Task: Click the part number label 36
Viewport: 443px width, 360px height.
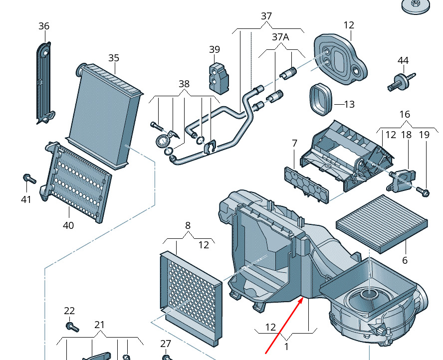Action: tap(44, 26)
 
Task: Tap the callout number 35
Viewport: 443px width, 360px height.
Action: tap(114, 58)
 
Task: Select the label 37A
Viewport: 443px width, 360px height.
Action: tap(280, 37)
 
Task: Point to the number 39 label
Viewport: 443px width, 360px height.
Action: tap(215, 49)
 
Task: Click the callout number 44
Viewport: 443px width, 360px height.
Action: tap(403, 60)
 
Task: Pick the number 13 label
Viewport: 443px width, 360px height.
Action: tap(350, 105)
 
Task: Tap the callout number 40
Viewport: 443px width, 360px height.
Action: tap(68, 225)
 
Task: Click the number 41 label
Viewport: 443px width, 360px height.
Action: tap(26, 199)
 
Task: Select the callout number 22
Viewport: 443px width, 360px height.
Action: tap(69, 311)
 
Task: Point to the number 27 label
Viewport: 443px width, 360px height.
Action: tap(166, 344)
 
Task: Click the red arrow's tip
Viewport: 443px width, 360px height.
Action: tap(303, 298)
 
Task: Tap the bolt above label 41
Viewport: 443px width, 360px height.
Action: tap(29, 179)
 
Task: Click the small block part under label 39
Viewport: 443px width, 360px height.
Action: tap(219, 77)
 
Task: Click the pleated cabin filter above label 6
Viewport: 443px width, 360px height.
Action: tap(382, 223)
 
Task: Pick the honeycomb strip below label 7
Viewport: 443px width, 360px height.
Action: tap(306, 185)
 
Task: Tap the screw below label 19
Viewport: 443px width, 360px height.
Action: tap(423, 192)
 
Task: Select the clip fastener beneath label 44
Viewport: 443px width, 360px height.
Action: tap(401, 81)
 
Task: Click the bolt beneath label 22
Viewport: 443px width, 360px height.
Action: tap(72, 327)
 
